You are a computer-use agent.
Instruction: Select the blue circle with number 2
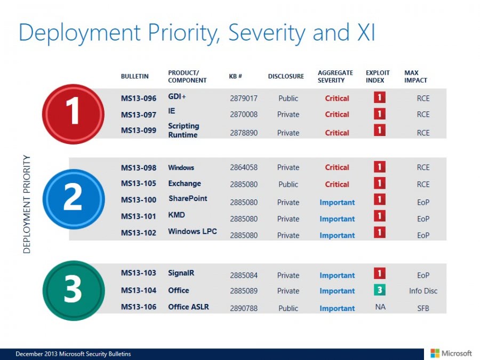pos(73,198)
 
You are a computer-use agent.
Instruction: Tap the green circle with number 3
pos(73,289)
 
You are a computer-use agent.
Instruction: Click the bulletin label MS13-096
pos(138,98)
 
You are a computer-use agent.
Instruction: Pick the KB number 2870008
pos(244,114)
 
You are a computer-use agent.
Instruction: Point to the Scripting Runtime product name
pos(183,130)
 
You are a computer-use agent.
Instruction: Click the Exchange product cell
pos(185,183)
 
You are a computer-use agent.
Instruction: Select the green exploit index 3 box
pos(380,290)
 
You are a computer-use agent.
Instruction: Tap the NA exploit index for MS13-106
pos(380,308)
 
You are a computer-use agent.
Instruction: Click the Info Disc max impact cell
pos(423,291)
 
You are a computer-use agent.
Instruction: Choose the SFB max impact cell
pos(423,308)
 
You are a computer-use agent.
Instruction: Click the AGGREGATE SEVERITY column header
pos(335,76)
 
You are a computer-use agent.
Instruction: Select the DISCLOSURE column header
pos(286,76)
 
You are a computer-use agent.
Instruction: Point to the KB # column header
pos(236,76)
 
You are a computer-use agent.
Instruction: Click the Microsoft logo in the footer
pos(451,353)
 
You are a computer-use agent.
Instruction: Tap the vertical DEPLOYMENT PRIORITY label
pos(27,204)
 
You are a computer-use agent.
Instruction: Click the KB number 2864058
pos(244,167)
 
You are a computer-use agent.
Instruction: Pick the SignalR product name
pos(181,273)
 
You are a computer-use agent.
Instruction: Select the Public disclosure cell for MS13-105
pos(288,185)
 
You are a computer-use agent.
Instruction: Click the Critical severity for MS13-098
pos(337,167)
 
